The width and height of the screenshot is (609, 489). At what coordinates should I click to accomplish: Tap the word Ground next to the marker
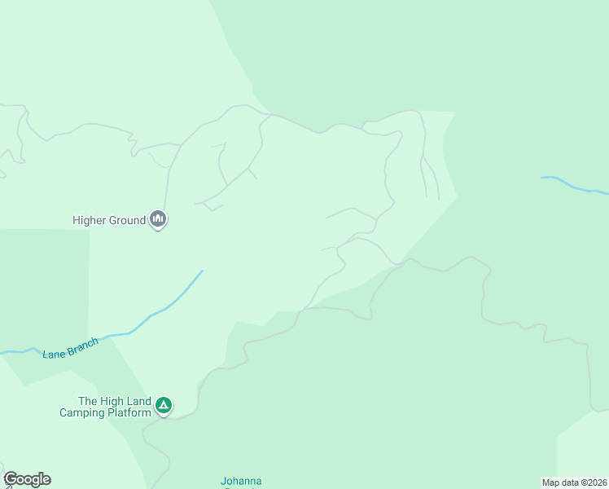127,220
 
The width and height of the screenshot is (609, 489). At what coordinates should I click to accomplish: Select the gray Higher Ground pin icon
158,218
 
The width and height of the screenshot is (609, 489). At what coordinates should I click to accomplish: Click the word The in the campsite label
87,401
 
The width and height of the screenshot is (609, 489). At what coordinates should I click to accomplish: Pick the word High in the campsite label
112,401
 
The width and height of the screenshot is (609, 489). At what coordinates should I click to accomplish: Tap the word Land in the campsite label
139,401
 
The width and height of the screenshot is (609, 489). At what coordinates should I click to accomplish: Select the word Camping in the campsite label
82,412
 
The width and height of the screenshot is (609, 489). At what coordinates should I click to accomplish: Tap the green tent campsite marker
164,404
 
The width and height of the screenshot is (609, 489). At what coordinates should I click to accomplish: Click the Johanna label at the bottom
241,482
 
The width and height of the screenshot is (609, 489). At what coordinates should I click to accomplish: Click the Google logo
27,479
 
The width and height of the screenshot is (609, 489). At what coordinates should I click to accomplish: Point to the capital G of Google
11,479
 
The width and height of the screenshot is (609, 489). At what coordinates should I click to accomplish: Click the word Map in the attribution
551,482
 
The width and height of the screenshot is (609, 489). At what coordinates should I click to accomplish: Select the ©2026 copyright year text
592,482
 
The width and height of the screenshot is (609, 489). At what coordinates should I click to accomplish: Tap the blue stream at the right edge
578,187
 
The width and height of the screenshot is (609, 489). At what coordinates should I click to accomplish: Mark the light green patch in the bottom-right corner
583,448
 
